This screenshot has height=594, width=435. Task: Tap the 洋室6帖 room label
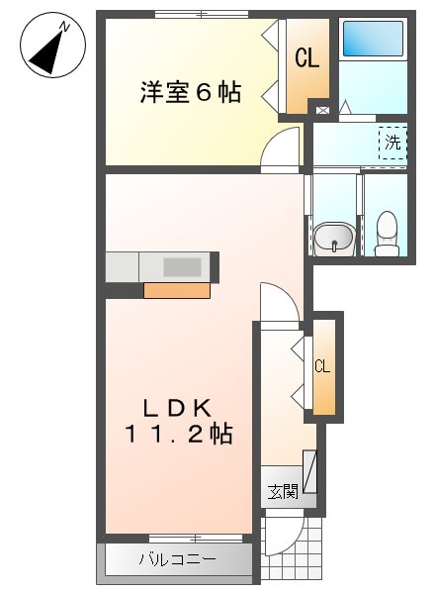coord(190,92)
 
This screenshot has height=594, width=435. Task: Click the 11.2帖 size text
coord(178,433)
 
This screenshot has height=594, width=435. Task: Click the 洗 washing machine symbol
coord(392,143)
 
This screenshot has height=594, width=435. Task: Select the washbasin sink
coord(335,238)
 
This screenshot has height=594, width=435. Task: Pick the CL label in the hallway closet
coord(322,366)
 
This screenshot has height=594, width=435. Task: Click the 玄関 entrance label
coord(282,491)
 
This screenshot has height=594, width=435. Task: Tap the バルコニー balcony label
coord(176,560)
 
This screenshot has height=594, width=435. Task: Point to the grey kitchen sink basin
coord(181,266)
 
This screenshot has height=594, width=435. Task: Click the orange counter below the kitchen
coord(177,290)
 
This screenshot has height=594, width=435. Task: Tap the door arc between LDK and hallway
coord(278,302)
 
